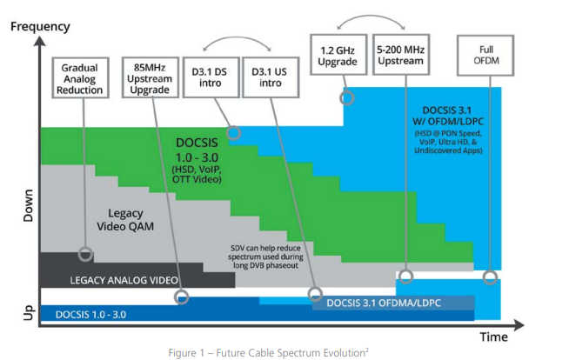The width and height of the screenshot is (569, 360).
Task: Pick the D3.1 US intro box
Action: tap(269, 76)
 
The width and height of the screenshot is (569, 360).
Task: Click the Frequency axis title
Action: tap(40, 25)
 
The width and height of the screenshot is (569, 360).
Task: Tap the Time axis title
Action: tap(495, 336)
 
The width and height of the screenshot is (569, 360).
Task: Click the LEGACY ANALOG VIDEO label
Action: tap(124, 279)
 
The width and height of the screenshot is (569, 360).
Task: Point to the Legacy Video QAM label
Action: tap(131, 220)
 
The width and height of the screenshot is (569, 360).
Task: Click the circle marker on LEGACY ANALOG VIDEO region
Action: tap(84, 255)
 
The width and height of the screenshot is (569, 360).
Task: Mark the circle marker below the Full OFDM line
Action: tap(491, 278)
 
